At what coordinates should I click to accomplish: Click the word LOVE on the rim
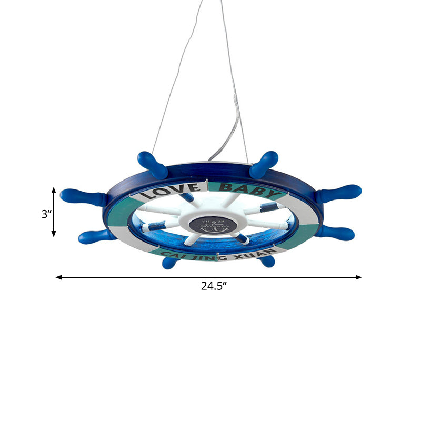[169, 191]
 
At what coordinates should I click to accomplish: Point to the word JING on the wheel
[201, 259]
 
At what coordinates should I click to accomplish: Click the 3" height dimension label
[46, 214]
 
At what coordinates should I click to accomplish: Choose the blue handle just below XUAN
[267, 261]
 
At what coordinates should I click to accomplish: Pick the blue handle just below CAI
[170, 262]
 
